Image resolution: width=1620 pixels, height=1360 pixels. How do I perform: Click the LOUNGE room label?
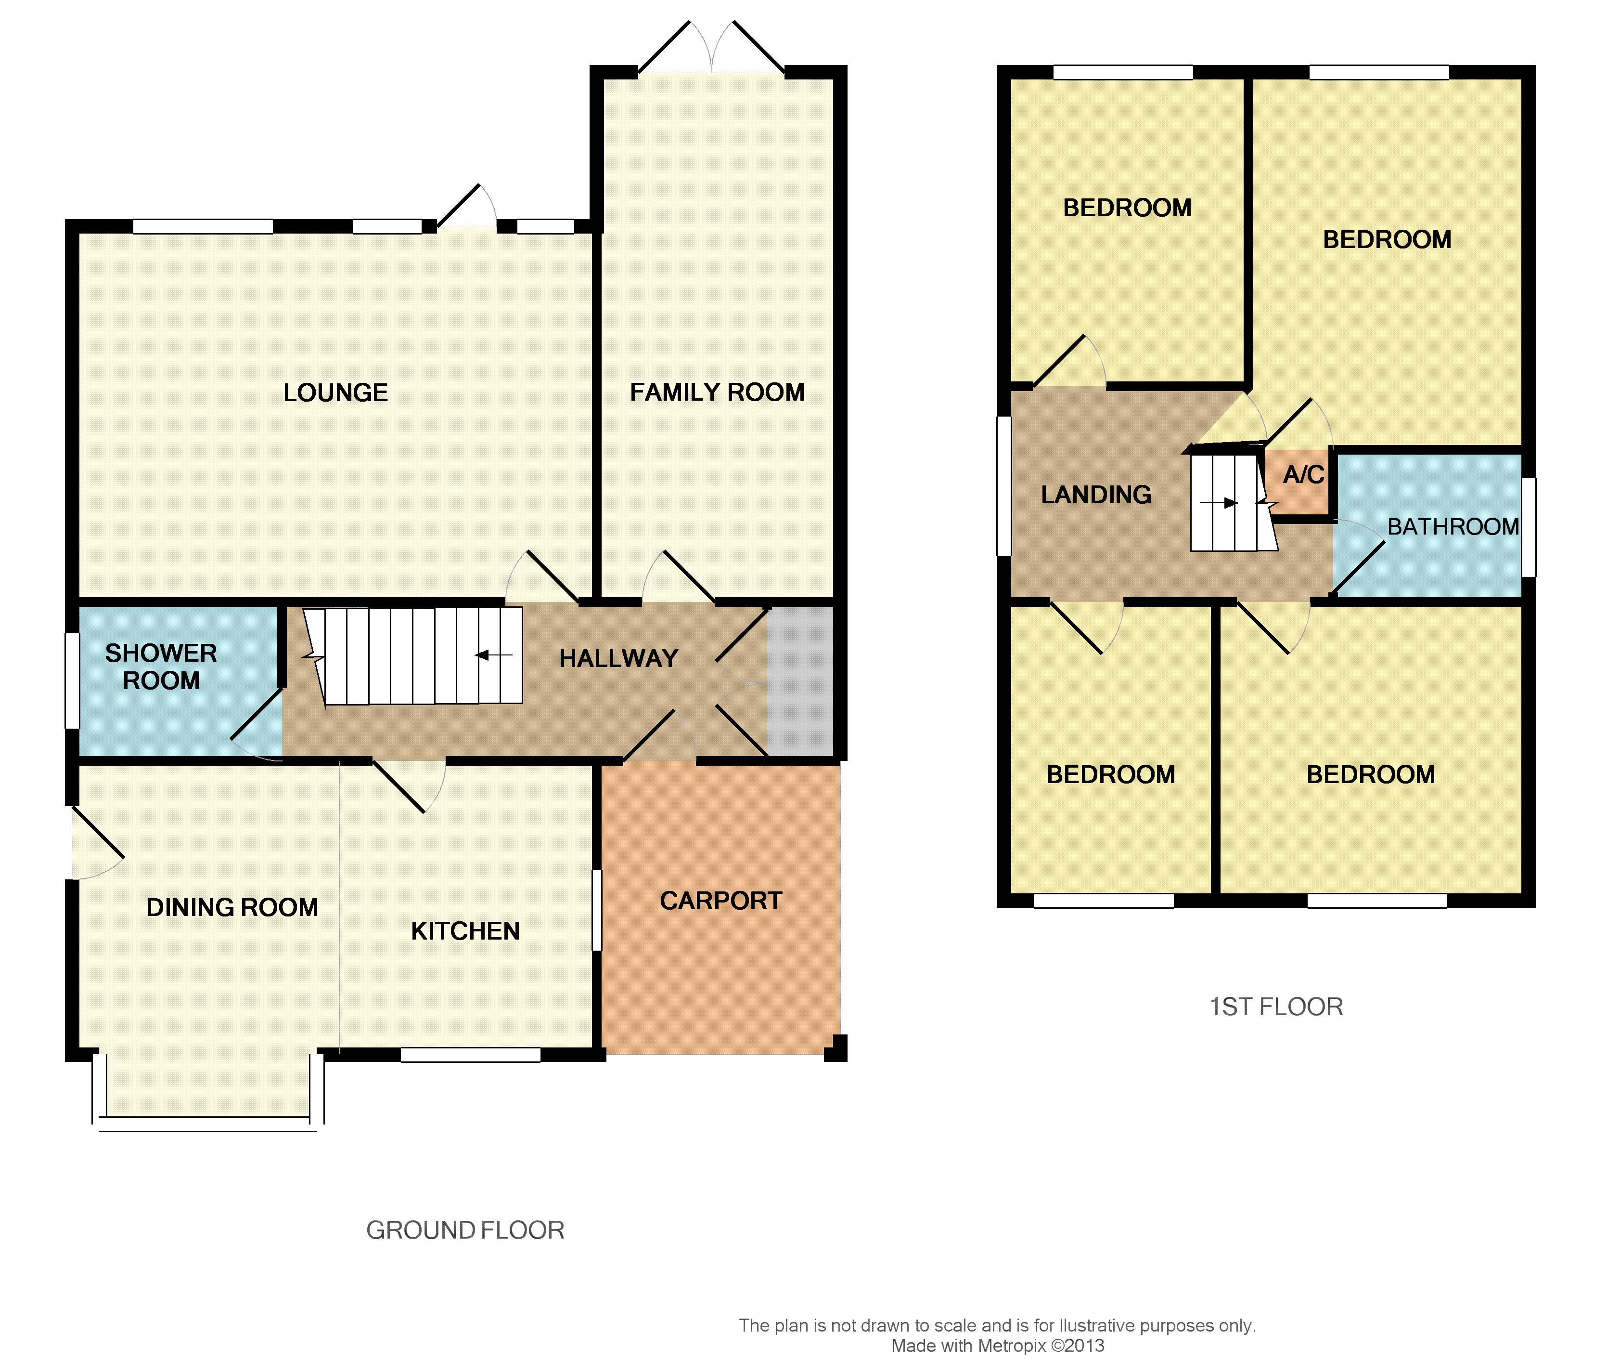pos(335,393)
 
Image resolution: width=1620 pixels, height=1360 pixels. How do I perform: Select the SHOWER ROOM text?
pos(161,667)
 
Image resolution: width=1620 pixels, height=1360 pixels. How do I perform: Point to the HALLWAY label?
pos(618,658)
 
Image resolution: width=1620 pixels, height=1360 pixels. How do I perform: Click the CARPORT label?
pos(721,901)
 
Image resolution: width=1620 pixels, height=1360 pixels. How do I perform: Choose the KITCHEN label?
pos(465,931)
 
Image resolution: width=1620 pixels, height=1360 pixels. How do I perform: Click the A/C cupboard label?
pos(1304,475)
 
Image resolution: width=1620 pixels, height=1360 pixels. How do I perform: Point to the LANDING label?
pos(1096,495)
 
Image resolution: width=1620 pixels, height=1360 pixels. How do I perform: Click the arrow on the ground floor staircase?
pos(494,655)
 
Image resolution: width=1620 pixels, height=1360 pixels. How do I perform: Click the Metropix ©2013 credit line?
pos(998,1346)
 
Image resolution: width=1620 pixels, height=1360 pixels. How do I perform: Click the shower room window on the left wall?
pos(72,681)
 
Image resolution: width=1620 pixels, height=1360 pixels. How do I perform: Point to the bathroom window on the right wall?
pos(1528,527)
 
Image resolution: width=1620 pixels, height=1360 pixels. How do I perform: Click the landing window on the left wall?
pos(1003,486)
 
